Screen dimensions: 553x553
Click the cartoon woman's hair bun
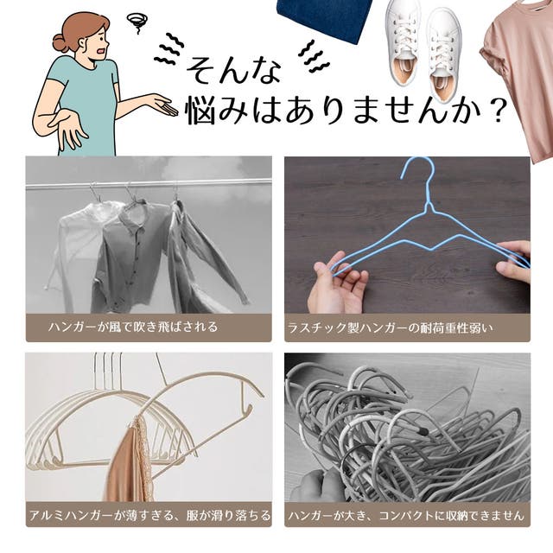coord(60,43)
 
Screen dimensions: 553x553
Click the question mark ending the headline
coord(498,111)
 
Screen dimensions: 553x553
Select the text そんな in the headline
coord(233,70)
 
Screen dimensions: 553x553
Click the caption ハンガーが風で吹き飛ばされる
coord(133,327)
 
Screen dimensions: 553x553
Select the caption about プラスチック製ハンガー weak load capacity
coord(390,328)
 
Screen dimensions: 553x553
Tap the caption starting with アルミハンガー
coord(149,515)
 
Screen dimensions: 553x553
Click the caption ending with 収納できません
coord(406,515)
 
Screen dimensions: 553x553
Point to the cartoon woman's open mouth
coord(102,51)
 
